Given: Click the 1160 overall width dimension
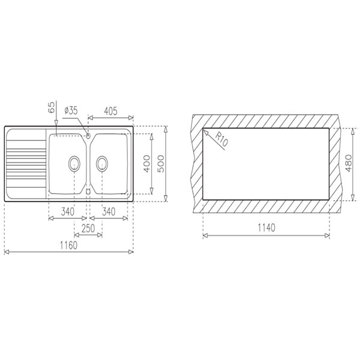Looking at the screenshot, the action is [68, 245].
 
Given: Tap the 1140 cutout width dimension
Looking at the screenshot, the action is [266, 228].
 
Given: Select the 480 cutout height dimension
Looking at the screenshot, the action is [348, 163].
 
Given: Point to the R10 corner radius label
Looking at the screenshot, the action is [221, 139].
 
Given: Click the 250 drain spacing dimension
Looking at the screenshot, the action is [88, 229].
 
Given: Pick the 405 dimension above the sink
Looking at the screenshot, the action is [110, 112].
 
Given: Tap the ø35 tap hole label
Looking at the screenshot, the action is [71, 110].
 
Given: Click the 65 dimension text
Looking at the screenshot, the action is [52, 107].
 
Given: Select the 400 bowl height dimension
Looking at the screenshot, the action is [147, 164].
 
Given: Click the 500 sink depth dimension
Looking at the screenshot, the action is [161, 164].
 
